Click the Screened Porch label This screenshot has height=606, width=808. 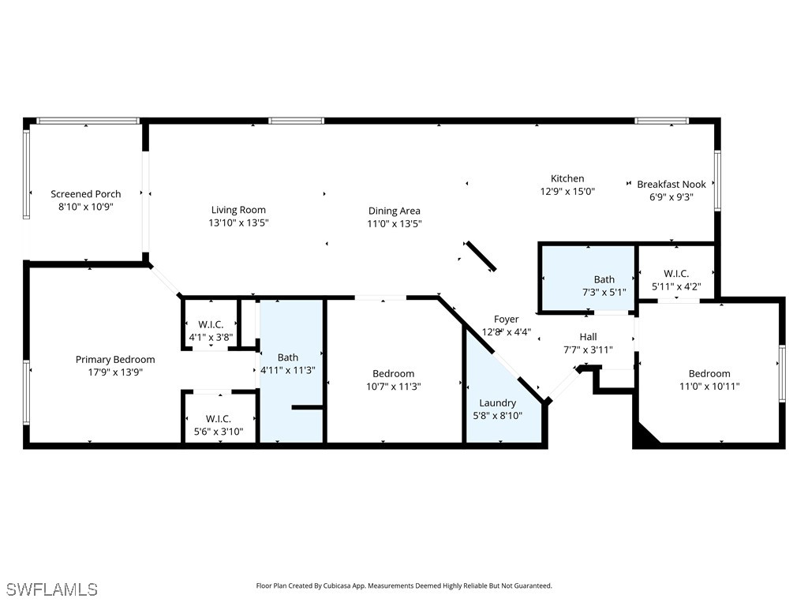(86, 194)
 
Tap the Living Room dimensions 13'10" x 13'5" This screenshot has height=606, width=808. (238, 223)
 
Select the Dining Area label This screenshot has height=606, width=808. (394, 211)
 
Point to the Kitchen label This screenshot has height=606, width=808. (567, 178)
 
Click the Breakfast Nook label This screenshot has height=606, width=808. (671, 185)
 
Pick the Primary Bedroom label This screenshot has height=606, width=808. (115, 360)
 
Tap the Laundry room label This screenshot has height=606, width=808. (497, 403)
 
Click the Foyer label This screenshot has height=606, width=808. (507, 320)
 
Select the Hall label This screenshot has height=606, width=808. (588, 337)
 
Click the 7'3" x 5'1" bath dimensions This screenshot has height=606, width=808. (604, 293)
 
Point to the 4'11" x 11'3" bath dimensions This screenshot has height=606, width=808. (288, 370)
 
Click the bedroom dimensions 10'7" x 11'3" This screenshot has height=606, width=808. (393, 387)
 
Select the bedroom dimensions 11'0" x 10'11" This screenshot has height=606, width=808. (709, 387)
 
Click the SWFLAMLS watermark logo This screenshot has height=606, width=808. (52, 589)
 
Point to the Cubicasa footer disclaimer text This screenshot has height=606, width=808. (404, 585)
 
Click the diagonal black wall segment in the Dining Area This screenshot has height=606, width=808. (481, 256)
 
